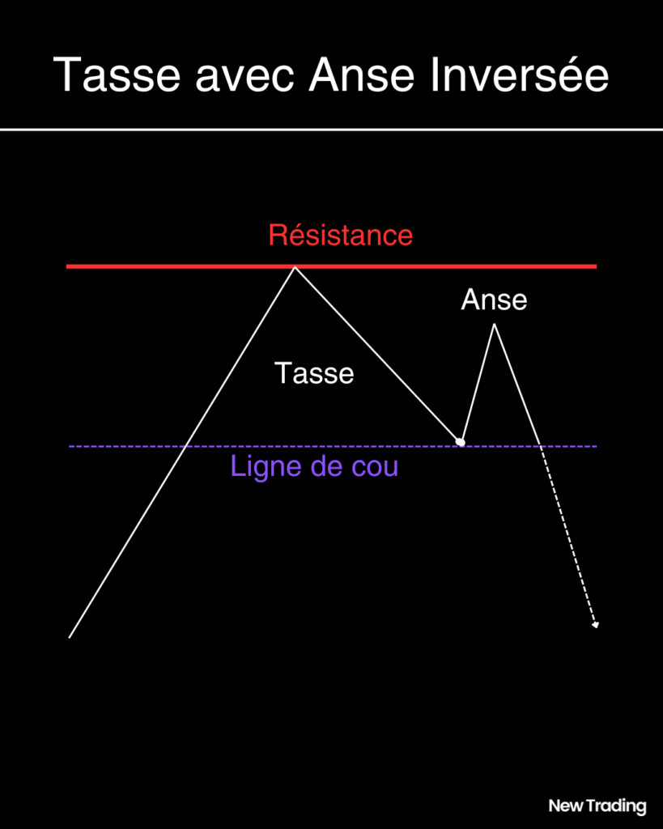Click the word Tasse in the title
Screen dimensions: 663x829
pos(117,74)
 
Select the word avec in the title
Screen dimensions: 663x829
pos(244,79)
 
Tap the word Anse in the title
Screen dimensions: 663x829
pos(362,74)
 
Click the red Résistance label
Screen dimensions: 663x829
pos(341,236)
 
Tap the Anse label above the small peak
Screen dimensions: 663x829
pos(494,300)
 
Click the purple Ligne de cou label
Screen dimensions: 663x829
pos(314,466)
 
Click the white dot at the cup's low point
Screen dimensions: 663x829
pos(461,441)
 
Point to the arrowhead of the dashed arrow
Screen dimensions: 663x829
pos(595,626)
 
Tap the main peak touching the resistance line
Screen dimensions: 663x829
pos(295,267)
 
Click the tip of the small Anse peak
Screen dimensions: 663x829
pos(495,324)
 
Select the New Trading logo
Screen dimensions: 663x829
pos(597,806)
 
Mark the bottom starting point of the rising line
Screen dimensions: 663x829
pos(70,638)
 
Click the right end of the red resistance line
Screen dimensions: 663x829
pos(597,266)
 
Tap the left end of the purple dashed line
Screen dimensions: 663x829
pos(70,447)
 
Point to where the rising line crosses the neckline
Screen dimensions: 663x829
pos(185,447)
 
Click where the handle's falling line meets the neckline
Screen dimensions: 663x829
pos(540,447)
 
